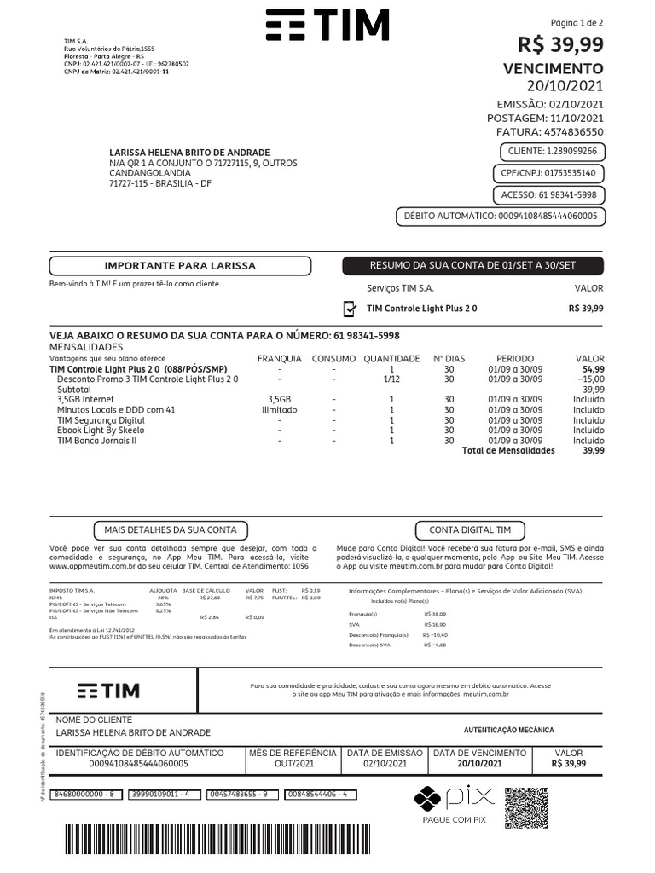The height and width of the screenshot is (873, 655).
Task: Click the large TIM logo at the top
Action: [x=327, y=26]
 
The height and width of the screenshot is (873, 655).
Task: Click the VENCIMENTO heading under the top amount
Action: [x=553, y=68]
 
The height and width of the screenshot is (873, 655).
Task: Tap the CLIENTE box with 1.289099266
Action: [x=552, y=152]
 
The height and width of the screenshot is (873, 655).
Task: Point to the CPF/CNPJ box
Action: [x=548, y=174]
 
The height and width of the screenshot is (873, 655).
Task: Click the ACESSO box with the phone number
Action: [x=554, y=195]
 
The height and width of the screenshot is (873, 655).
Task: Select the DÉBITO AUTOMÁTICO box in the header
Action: [x=501, y=217]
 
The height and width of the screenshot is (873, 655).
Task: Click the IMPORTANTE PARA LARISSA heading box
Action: [x=179, y=266]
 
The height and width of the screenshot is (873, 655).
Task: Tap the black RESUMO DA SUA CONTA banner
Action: [x=472, y=266]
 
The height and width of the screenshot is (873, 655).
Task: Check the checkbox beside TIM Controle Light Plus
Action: [x=349, y=309]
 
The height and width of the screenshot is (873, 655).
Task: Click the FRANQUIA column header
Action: [x=279, y=359]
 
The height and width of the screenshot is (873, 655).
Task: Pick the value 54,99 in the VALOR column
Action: [x=594, y=369]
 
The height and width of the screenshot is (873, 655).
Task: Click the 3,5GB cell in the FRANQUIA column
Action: [x=279, y=399]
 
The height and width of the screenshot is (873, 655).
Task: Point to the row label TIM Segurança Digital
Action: [x=101, y=420]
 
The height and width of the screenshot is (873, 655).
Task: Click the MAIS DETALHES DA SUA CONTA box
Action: [x=171, y=530]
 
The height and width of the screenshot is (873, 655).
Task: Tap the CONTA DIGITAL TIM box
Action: [x=470, y=530]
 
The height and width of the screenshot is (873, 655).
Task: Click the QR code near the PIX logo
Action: [x=526, y=808]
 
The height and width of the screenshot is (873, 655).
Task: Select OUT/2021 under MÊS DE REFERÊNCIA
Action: [x=293, y=764]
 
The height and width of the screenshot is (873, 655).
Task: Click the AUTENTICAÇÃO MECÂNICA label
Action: [x=508, y=731]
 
